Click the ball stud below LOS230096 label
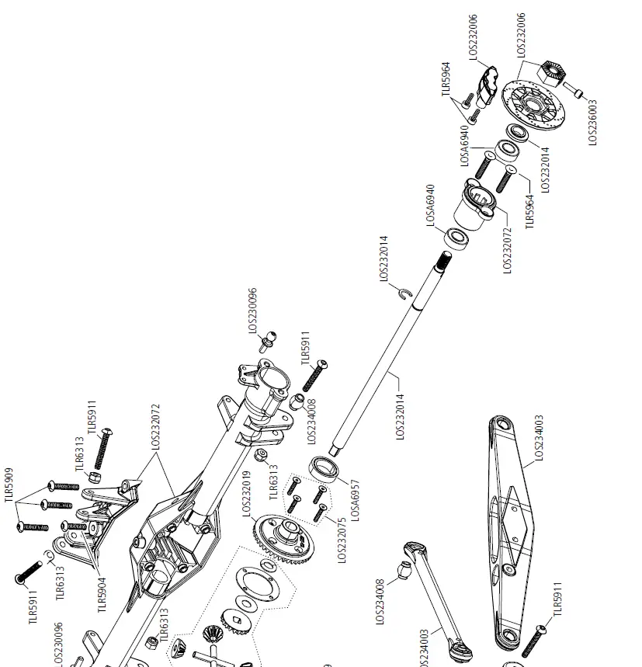[268, 339]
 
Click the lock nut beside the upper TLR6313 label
[92, 475]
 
